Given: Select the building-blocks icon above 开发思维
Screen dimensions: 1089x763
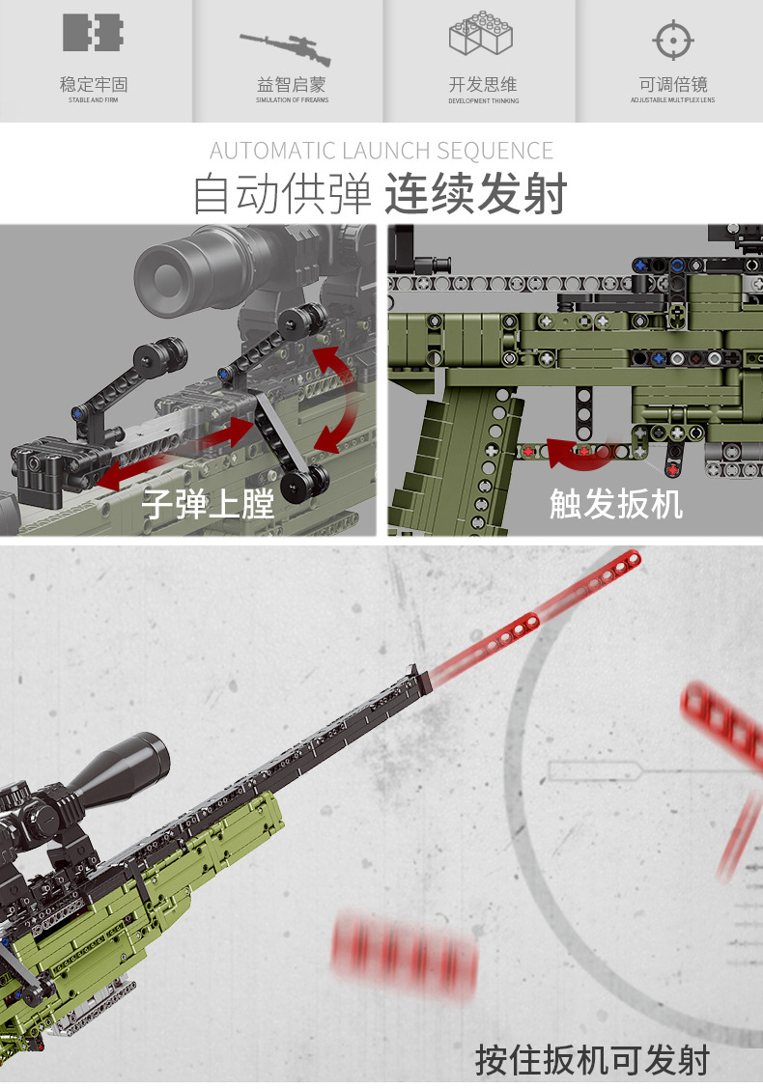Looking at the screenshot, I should (482, 38).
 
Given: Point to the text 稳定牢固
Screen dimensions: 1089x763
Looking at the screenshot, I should (93, 85).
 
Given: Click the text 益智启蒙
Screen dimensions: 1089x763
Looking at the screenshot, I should (292, 85).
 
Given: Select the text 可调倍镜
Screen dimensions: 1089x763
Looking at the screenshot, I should (672, 85).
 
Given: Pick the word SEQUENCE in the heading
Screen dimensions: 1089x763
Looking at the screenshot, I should (495, 151).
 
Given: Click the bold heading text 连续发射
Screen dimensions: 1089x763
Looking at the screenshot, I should (475, 194).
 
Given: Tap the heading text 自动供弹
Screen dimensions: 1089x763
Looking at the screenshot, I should (282, 194).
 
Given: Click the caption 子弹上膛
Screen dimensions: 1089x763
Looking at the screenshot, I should (209, 503).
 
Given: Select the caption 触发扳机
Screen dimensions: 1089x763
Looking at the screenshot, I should (616, 503).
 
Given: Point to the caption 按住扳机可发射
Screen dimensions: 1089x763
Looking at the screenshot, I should (592, 1059).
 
